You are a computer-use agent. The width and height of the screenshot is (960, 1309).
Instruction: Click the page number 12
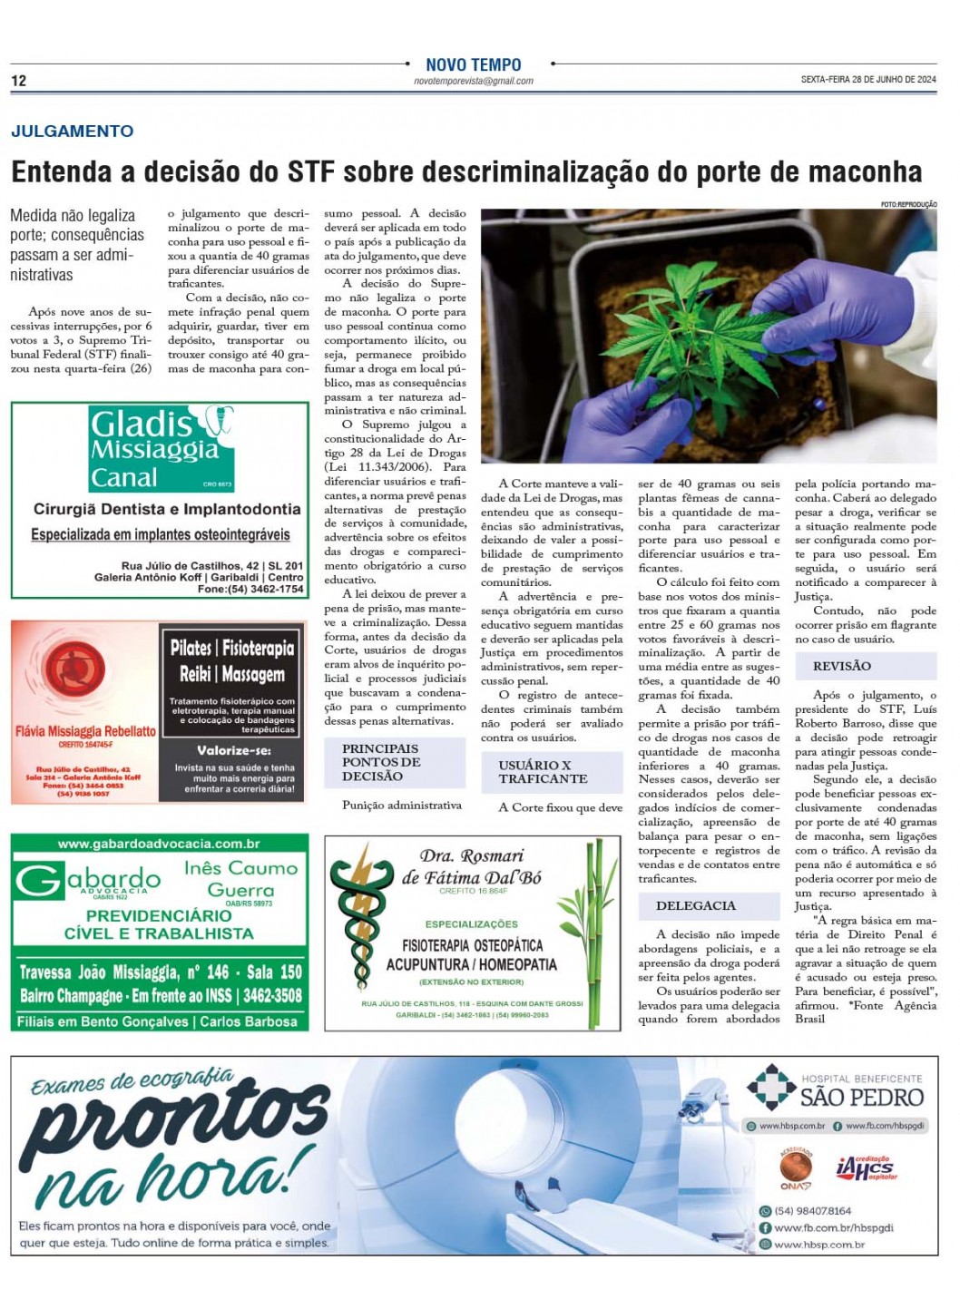18,81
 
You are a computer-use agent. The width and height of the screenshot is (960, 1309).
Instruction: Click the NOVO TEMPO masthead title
474,65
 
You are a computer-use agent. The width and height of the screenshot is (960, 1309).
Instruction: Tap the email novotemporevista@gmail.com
474,81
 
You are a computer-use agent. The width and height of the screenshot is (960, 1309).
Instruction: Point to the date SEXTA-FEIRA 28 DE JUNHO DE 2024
867,80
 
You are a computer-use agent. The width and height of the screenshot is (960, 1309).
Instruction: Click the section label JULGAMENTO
73,131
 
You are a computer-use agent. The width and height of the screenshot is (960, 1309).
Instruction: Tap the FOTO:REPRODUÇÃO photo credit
908,205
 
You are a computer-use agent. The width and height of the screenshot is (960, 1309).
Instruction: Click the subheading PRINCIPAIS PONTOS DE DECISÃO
381,762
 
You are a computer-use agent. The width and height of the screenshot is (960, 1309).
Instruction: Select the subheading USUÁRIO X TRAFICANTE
543,772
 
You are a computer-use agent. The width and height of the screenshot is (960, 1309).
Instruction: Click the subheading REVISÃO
841,666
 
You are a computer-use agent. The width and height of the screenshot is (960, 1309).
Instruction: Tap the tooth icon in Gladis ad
219,420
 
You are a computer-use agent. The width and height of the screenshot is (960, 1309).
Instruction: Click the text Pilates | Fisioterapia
232,648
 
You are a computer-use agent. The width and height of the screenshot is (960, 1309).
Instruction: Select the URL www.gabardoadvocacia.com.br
160,844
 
